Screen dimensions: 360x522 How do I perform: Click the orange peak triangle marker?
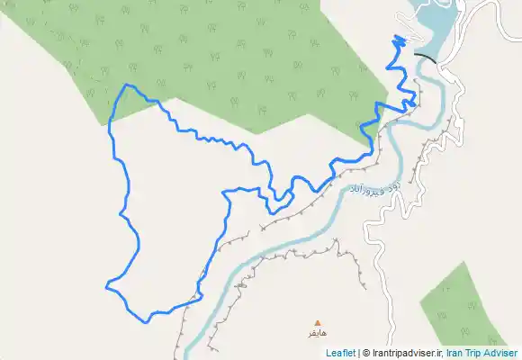click(x=316, y=322)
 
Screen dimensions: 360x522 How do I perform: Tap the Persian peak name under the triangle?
click(x=316, y=333)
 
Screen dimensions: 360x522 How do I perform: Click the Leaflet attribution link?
click(x=340, y=353)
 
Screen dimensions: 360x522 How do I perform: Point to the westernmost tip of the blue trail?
click(x=106, y=286)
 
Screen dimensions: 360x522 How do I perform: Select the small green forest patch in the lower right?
click(x=472, y=306)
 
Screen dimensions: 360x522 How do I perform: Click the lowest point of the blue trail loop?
click(x=148, y=320)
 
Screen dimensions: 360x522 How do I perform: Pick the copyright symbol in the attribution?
click(x=365, y=353)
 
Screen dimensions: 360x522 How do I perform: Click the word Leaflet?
click(x=340, y=353)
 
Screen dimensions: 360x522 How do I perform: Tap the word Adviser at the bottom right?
click(x=499, y=353)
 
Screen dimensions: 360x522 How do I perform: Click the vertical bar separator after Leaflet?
click(x=358, y=353)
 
